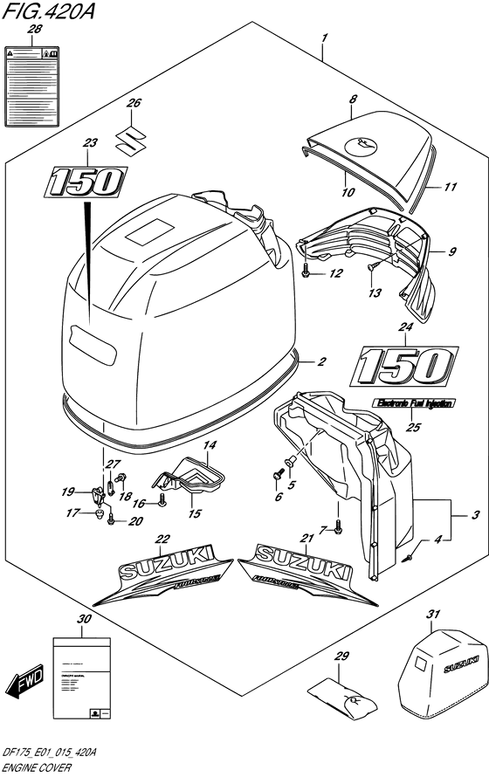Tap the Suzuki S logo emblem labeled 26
133,139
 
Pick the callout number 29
341,657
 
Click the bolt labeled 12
305,272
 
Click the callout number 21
307,537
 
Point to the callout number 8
352,101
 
